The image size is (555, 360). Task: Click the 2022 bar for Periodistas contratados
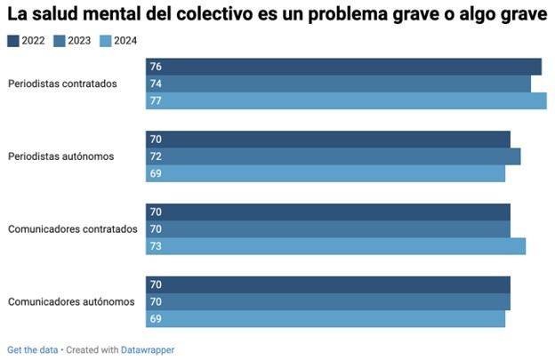tap(343, 67)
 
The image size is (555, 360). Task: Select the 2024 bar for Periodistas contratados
tap(346, 101)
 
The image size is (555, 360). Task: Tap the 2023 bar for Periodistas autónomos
tap(333, 156)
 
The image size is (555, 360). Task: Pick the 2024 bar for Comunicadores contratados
tap(335, 246)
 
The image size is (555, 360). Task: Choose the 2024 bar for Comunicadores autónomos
tap(326, 318)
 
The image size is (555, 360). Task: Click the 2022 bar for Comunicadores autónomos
tap(328, 284)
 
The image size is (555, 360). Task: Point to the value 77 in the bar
tap(156, 101)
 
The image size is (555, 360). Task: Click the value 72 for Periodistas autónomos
tap(156, 156)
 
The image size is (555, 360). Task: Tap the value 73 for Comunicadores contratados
tap(156, 246)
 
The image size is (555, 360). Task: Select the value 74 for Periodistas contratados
tap(156, 84)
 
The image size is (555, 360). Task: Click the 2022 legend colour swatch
tap(13, 40)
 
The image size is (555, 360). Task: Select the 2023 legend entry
tap(73, 40)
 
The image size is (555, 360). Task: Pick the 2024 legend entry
tap(118, 40)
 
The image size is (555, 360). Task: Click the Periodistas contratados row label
tap(62, 84)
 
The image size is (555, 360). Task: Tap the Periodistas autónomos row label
tap(61, 156)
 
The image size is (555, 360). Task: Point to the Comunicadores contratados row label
tap(72, 229)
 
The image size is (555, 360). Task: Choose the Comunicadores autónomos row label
tap(71, 301)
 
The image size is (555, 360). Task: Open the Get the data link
tap(33, 350)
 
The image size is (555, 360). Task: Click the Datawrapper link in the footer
tap(148, 350)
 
